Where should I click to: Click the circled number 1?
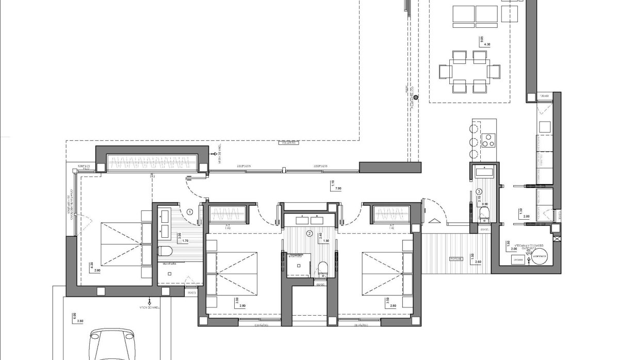coord(190,211)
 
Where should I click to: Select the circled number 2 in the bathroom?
coord(309,233)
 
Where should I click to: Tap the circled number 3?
coord(479,191)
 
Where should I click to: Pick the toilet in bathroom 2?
coord(323,267)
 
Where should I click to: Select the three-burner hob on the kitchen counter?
coord(488,140)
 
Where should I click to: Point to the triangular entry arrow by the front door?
coord(434,221)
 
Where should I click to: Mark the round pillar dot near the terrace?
coord(416,97)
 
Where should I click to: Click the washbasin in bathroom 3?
coord(484,172)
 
